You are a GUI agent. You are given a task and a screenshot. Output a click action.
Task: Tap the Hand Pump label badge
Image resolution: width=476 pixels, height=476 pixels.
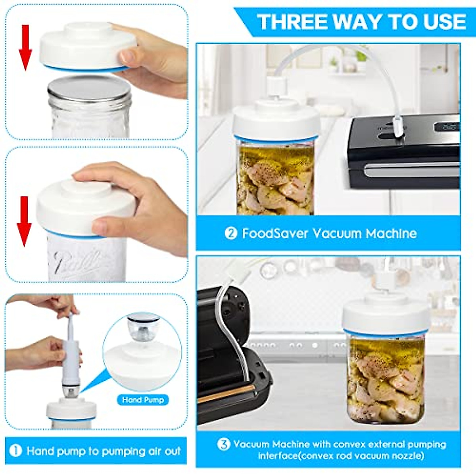(x=143, y=400)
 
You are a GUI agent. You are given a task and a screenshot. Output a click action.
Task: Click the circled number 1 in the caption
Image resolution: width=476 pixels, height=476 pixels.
(x=15, y=451)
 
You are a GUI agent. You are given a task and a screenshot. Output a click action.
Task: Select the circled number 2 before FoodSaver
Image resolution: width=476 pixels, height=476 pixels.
(x=230, y=233)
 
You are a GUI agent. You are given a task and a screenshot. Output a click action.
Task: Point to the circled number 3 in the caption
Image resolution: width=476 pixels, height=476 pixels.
(x=223, y=444)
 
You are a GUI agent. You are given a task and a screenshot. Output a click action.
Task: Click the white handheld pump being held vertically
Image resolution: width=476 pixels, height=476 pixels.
(x=73, y=353)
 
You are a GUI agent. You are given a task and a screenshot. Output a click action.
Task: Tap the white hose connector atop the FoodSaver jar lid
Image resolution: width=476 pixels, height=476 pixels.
(x=274, y=85)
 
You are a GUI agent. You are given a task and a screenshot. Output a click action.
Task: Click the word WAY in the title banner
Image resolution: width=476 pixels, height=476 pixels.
(x=361, y=21)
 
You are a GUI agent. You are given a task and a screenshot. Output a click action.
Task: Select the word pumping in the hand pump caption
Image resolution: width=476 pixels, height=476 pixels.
(x=121, y=451)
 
